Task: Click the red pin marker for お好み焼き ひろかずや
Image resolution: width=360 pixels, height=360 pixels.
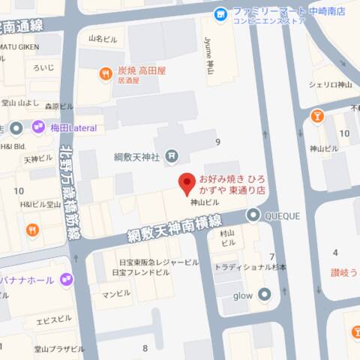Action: [x=186, y=183]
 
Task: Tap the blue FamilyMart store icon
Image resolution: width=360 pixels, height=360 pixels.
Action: [x=220, y=13]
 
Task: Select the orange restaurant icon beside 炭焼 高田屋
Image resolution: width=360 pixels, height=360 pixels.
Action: [x=106, y=73]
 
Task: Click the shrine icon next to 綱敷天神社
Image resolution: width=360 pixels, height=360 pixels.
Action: [x=172, y=156]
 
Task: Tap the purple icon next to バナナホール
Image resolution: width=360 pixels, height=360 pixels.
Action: [x=67, y=280]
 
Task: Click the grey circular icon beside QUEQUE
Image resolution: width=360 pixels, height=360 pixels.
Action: [x=253, y=216]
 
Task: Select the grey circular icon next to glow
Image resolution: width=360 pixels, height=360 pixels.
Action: [x=263, y=295]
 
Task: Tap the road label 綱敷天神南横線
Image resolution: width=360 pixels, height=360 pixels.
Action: [x=174, y=222]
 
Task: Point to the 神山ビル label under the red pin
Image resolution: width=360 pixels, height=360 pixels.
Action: [x=205, y=202]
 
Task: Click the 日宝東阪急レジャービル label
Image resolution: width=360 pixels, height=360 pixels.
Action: [x=159, y=262]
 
